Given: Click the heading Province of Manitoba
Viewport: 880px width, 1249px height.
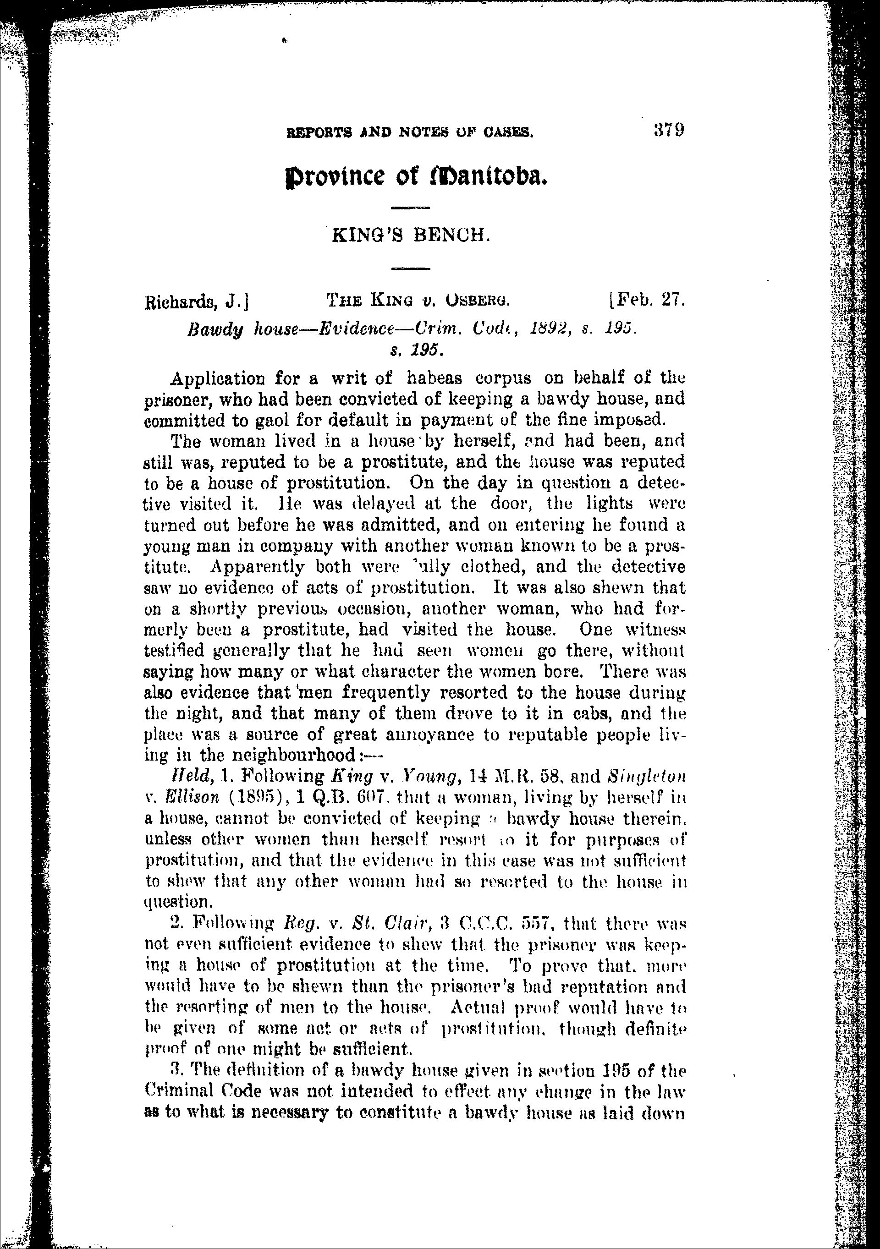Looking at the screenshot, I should pyautogui.click(x=416, y=175).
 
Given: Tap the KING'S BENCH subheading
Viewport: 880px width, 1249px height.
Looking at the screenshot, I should pyautogui.click(x=408, y=235).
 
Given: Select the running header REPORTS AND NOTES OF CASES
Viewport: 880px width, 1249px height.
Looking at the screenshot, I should pyautogui.click(x=409, y=132).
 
